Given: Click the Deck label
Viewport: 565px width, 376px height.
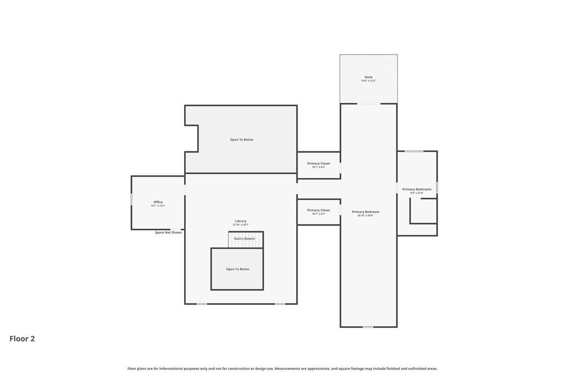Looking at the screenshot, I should pyautogui.click(x=368, y=77).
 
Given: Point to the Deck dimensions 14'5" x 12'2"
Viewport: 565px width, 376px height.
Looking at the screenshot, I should pyautogui.click(x=368, y=81).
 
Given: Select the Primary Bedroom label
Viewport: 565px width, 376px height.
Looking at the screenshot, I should pyautogui.click(x=365, y=211).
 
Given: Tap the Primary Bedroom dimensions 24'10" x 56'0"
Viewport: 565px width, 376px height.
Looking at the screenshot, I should pyautogui.click(x=365, y=216).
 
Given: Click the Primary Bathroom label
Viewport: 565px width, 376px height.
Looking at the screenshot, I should pyautogui.click(x=417, y=189).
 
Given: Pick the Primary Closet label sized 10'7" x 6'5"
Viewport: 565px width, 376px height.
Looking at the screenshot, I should pyautogui.click(x=319, y=163).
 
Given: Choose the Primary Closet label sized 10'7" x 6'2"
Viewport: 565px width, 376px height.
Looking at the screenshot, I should pyautogui.click(x=319, y=210).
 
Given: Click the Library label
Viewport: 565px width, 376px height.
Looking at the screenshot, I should pyautogui.click(x=241, y=221).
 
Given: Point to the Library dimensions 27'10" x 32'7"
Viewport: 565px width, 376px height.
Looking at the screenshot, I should pyautogui.click(x=241, y=225).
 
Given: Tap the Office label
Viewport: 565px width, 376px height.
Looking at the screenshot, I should pyautogui.click(x=158, y=202).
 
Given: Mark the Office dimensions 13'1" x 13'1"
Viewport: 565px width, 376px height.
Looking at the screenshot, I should pyautogui.click(x=158, y=206).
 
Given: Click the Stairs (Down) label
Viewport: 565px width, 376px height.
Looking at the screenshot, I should pyautogui.click(x=244, y=239).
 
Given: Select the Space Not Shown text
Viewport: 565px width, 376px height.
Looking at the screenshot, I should pyautogui.click(x=168, y=232).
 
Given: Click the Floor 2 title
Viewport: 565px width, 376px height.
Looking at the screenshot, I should pyautogui.click(x=22, y=338).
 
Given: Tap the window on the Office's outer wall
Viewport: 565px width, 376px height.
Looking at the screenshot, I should pyautogui.click(x=131, y=199).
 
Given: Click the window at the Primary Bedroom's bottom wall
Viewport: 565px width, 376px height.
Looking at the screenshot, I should pyautogui.click(x=368, y=327).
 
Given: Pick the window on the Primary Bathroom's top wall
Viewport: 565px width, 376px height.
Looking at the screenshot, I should pyautogui.click(x=414, y=151).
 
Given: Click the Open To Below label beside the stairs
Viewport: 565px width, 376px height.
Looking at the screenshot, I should pyautogui.click(x=237, y=269).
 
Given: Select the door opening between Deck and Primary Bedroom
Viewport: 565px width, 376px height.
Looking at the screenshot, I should pyautogui.click(x=369, y=103).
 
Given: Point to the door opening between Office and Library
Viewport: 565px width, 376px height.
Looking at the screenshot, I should pyautogui.click(x=185, y=189).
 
